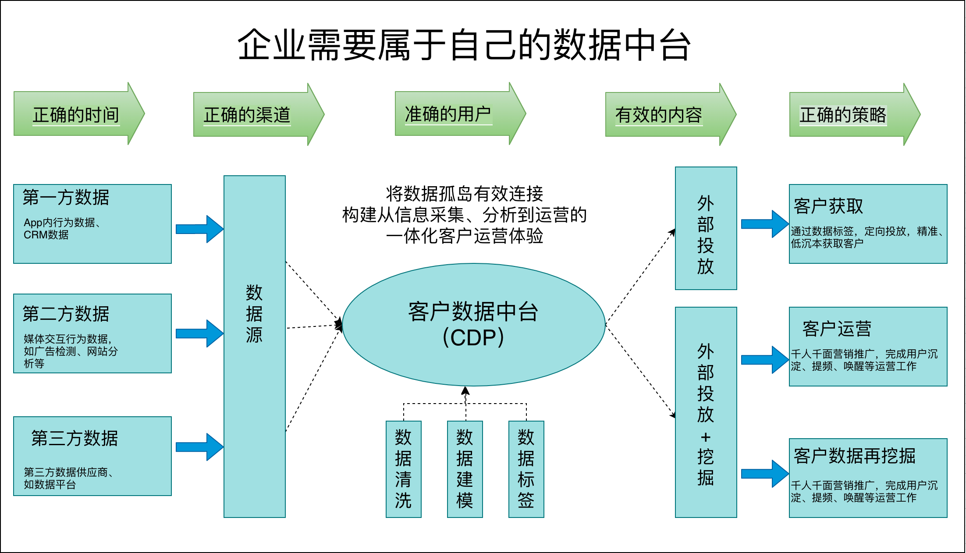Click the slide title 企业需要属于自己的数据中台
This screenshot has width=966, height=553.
coord(464,45)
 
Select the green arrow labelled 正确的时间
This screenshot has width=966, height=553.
coord(77,114)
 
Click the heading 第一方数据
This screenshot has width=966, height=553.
coord(66,198)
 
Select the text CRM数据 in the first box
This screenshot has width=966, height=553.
coord(46,235)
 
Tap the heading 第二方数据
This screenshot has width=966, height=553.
coord(66,314)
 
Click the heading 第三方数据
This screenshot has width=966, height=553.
coord(75,438)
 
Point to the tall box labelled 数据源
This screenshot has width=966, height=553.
coord(255,346)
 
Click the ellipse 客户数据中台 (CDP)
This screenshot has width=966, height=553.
coord(473,325)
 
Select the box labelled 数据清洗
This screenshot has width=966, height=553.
coord(403,469)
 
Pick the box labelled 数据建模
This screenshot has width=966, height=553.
coord(465,469)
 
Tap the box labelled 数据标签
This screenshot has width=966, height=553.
coord(526,469)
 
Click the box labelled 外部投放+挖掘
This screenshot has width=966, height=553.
coord(706,412)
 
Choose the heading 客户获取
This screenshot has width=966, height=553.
coord(828,206)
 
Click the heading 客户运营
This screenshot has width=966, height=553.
coord(837,329)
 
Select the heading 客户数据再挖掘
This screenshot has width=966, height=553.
coord(855,456)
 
